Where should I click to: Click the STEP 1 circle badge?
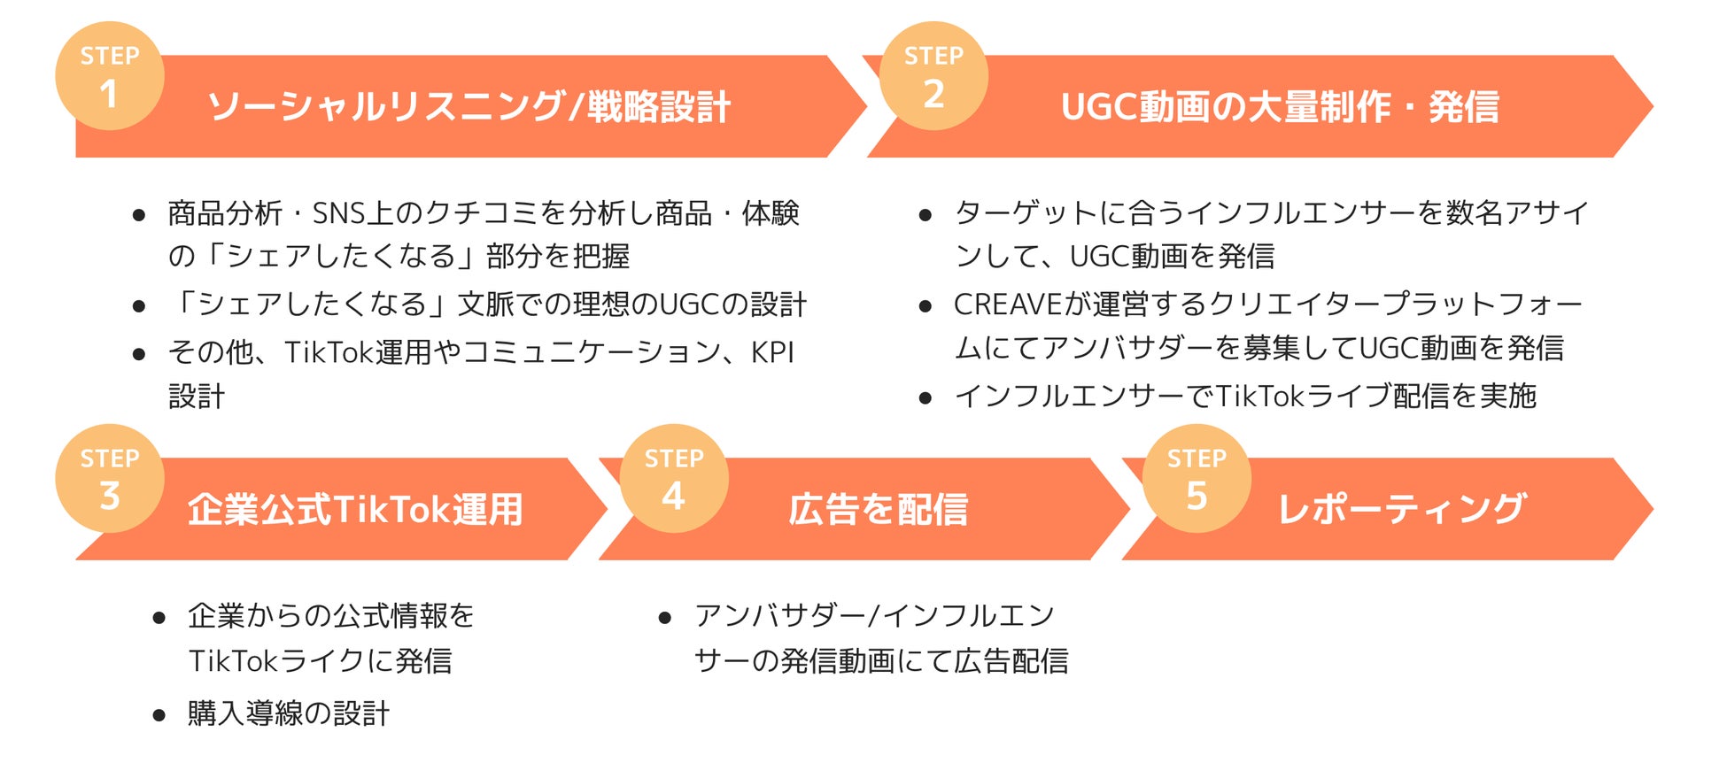(110, 76)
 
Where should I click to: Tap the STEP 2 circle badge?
(933, 76)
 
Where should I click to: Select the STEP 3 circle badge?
(110, 479)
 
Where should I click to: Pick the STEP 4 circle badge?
(674, 479)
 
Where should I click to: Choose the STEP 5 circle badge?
(1197, 479)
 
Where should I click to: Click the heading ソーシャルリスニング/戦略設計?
(469, 107)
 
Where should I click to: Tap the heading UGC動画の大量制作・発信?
(1280, 107)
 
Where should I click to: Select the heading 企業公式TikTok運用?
(355, 510)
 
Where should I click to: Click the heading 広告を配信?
(878, 510)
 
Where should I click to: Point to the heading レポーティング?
(1401, 510)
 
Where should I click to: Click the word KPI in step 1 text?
(772, 352)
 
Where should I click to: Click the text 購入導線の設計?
(289, 713)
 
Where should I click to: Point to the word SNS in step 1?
(339, 213)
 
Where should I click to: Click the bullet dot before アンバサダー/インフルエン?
(665, 618)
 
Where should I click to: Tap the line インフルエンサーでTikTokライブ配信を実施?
(1244, 396)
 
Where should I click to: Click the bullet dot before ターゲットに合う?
(925, 215)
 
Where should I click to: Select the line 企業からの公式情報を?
(331, 616)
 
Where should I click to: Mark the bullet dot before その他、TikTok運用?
(139, 355)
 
